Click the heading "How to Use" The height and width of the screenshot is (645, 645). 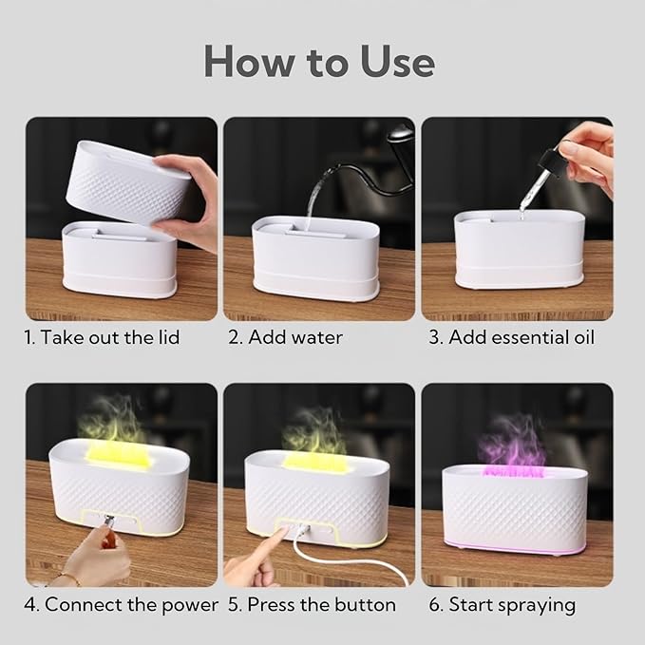click(319, 61)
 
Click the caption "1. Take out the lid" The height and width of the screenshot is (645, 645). click(103, 337)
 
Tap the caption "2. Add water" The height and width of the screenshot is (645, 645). click(296, 337)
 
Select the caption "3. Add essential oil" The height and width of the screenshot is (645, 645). click(509, 337)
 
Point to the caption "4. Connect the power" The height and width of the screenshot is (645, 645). click(121, 604)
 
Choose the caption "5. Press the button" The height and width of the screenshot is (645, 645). click(310, 604)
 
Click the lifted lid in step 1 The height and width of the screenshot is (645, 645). click(123, 180)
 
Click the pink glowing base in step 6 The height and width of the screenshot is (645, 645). click(513, 549)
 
